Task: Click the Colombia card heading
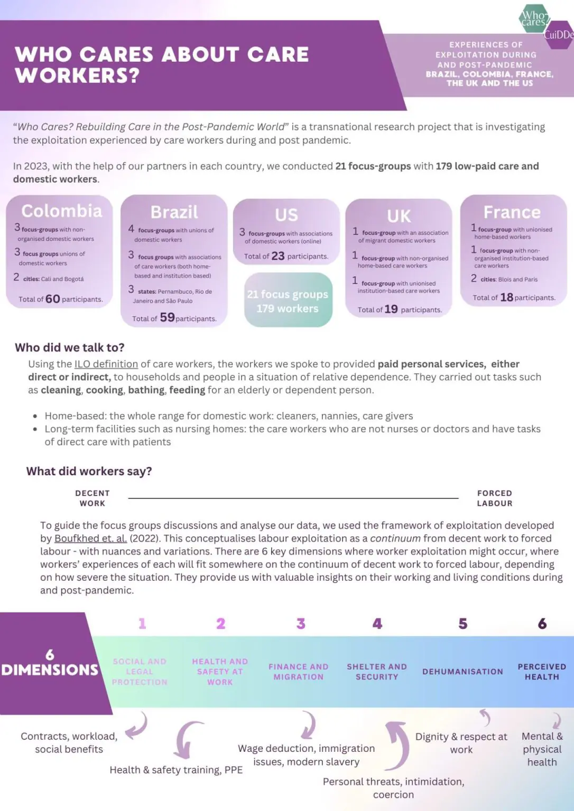click(61, 211)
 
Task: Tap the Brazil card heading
click(174, 212)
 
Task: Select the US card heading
click(286, 215)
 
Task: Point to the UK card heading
click(399, 216)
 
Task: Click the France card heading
click(512, 212)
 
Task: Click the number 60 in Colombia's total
click(52, 299)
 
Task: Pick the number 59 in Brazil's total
click(167, 317)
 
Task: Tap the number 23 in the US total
click(278, 256)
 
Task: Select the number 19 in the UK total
click(391, 309)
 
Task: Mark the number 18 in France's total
click(506, 297)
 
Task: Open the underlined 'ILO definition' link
click(106, 364)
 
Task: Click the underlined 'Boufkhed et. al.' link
click(90, 539)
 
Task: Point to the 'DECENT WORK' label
click(92, 498)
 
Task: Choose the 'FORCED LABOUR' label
click(495, 498)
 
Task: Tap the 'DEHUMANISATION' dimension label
click(462, 672)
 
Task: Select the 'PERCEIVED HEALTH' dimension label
click(542, 672)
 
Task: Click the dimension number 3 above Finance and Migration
click(301, 624)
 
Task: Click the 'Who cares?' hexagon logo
click(533, 18)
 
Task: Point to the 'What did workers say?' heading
click(89, 471)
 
